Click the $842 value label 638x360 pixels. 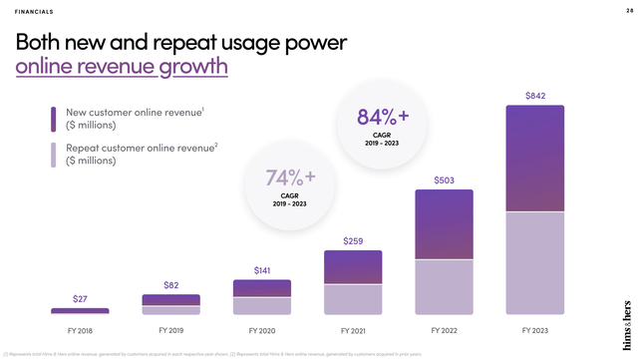pyautogui.click(x=535, y=96)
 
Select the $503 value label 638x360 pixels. pyautogui.click(x=445, y=180)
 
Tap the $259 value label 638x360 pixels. pyautogui.click(x=353, y=241)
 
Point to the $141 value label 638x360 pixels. pyautogui.click(x=262, y=270)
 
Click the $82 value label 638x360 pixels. pyautogui.click(x=170, y=286)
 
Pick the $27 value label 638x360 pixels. pyautogui.click(x=80, y=299)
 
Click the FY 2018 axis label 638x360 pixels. pyautogui.click(x=80, y=329)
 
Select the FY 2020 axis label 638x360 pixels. pyautogui.click(x=262, y=329)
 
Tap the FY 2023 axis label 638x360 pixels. pyautogui.click(x=535, y=329)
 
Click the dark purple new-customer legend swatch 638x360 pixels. pyautogui.click(x=53, y=119)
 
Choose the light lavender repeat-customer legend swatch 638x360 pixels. pyautogui.click(x=53, y=155)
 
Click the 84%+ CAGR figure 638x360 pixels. pyautogui.click(x=382, y=119)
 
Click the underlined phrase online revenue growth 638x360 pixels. pyautogui.click(x=122, y=67)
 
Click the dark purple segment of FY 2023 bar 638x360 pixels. pyautogui.click(x=535, y=160)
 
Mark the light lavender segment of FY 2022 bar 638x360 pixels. pyautogui.click(x=445, y=287)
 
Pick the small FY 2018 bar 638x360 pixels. pyautogui.click(x=80, y=311)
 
